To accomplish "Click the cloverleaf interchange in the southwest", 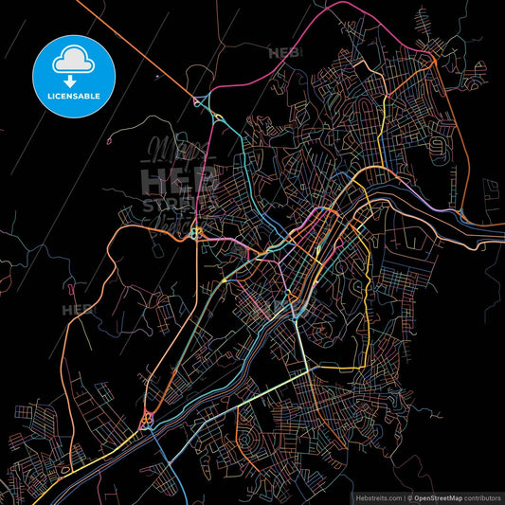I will pos(148,418).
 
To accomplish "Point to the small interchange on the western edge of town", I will pos(196,231).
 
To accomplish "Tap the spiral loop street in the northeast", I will pos(437,146).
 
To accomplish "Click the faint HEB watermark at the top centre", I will pos(284,53).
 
